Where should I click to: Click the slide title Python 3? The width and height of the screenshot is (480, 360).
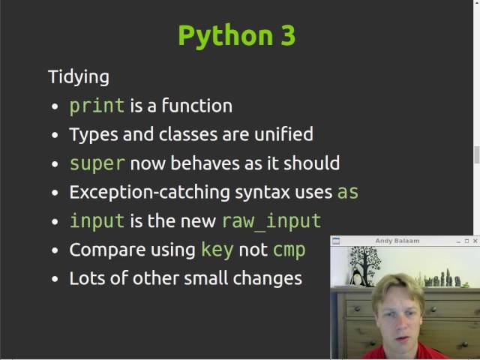click(x=236, y=36)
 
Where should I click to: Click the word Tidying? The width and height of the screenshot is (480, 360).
click(x=78, y=76)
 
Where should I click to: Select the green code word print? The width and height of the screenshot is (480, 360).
click(x=97, y=106)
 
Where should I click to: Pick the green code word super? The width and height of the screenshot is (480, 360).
click(x=97, y=163)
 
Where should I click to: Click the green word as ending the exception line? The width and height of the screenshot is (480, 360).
click(x=348, y=192)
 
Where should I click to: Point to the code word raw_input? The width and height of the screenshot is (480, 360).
click(x=271, y=221)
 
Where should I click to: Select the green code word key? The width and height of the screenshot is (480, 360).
click(x=217, y=250)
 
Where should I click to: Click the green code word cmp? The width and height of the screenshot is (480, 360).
click(x=289, y=250)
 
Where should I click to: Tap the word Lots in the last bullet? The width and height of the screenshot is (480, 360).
click(x=85, y=278)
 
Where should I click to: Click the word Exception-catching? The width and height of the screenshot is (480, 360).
click(x=149, y=192)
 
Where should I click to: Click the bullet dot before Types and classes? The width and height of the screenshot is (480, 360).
click(x=54, y=136)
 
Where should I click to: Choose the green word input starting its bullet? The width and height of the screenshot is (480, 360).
click(x=97, y=221)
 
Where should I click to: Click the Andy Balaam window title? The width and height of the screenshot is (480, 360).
click(x=397, y=241)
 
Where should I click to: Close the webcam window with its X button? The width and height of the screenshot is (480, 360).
click(x=475, y=241)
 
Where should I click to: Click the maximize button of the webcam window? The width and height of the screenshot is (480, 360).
click(x=466, y=241)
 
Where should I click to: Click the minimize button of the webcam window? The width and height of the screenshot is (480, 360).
click(x=457, y=241)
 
